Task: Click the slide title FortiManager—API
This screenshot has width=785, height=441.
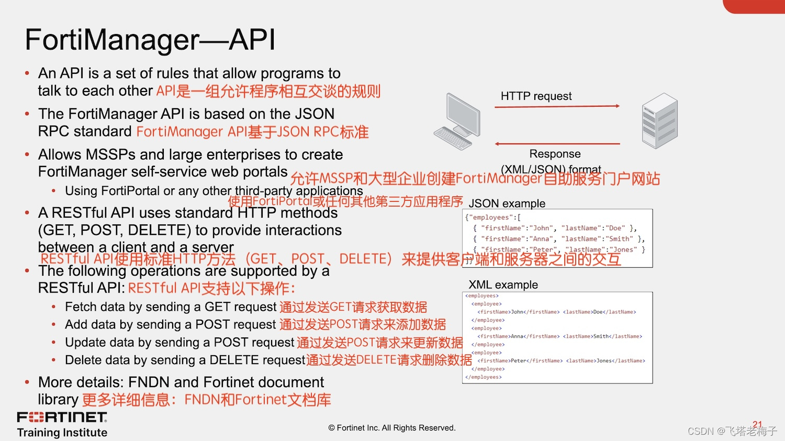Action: pos(150,40)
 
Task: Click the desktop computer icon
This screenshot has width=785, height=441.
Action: pos(457,121)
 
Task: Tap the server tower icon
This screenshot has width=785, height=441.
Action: pos(660,121)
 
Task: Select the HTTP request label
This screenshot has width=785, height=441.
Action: pos(536,96)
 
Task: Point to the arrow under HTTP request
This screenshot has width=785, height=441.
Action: pos(557,107)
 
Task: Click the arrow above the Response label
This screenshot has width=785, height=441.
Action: pos(557,143)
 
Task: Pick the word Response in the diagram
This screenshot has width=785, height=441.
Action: pos(555,154)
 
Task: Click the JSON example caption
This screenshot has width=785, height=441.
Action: pos(507,203)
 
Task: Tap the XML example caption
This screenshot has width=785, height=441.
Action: pos(503,285)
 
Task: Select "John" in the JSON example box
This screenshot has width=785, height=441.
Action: pos(541,228)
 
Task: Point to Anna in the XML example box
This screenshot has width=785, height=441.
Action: pos(517,336)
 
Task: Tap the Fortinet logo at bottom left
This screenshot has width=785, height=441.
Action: pos(62,417)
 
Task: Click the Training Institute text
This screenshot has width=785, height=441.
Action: pos(62,433)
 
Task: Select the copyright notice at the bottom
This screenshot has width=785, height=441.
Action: pos(392,428)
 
